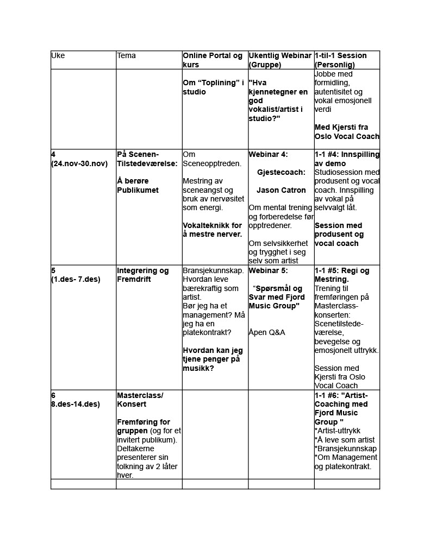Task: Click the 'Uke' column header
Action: (x=58, y=56)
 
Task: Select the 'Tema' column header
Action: (x=126, y=56)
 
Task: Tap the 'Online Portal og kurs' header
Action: (x=213, y=60)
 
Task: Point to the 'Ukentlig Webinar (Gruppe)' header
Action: (x=280, y=60)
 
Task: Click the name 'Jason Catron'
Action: (x=281, y=190)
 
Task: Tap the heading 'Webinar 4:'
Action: (x=269, y=155)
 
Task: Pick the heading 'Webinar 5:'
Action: (x=269, y=270)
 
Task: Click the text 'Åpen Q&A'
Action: (x=267, y=332)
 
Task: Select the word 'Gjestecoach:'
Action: (x=281, y=172)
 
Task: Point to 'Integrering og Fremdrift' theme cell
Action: (x=143, y=275)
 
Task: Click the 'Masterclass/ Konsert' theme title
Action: (x=140, y=400)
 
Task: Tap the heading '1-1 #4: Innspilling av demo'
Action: (x=347, y=159)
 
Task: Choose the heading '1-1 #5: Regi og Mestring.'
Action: (x=342, y=275)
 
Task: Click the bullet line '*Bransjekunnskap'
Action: (x=346, y=448)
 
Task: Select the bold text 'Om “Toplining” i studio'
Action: (x=213, y=87)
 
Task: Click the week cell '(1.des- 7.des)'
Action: (x=76, y=279)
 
